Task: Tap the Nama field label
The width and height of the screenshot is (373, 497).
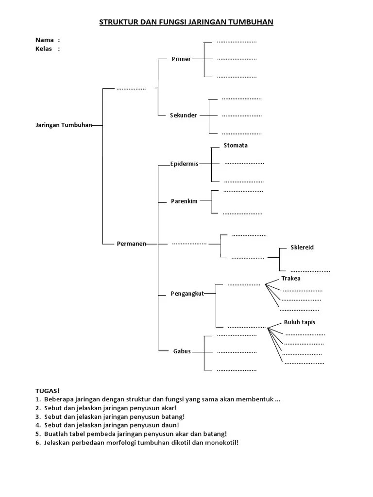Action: pyautogui.click(x=45, y=40)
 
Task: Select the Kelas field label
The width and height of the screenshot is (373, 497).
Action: pyautogui.click(x=44, y=49)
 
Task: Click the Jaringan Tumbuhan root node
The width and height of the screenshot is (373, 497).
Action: pyautogui.click(x=64, y=125)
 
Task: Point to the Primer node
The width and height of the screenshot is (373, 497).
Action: pyautogui.click(x=181, y=59)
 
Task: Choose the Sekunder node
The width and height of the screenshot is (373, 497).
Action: pyautogui.click(x=183, y=116)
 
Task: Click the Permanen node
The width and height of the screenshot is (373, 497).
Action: pyautogui.click(x=131, y=243)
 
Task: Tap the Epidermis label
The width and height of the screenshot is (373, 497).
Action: pyautogui.click(x=184, y=164)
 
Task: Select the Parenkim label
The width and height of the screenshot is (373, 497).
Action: pyautogui.click(x=184, y=201)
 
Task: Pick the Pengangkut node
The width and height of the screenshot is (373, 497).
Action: pyautogui.click(x=187, y=294)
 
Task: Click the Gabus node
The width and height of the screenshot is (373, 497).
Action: pyautogui.click(x=182, y=351)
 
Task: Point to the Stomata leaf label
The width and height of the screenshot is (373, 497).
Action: pyautogui.click(x=236, y=145)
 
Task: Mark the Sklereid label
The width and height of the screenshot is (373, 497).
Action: pyautogui.click(x=302, y=247)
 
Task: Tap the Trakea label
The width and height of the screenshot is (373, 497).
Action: pyautogui.click(x=291, y=278)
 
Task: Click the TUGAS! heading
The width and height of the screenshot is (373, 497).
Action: pyautogui.click(x=47, y=390)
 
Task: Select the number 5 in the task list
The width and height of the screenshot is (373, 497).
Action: pyautogui.click(x=37, y=434)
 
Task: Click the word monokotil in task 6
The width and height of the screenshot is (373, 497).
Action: pyautogui.click(x=221, y=443)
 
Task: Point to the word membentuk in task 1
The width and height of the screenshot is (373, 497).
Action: pyautogui.click(x=257, y=399)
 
